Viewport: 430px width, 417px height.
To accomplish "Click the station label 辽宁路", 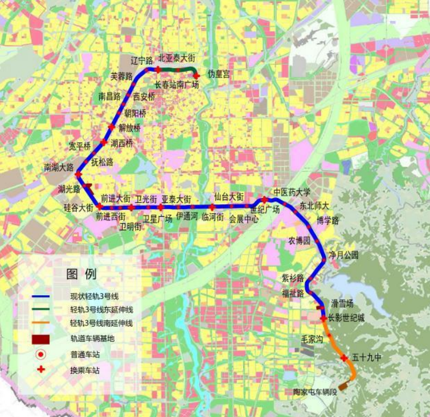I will click(x=141, y=60).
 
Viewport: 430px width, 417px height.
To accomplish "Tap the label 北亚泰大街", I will click(x=177, y=58).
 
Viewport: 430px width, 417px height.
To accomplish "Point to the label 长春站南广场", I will click(x=177, y=85).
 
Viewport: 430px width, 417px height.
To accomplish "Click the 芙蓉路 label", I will click(x=121, y=76).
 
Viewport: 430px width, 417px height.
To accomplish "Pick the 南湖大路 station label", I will click(x=59, y=168).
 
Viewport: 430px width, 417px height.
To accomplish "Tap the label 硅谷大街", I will click(x=78, y=208).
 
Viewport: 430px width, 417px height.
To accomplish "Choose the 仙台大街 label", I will click(x=229, y=196).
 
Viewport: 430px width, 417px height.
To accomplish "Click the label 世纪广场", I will click(x=265, y=209).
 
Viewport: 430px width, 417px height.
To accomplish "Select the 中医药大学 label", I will click(x=292, y=192).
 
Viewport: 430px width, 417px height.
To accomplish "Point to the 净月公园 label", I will click(x=344, y=255).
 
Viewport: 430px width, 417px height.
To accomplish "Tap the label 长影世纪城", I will click(x=346, y=318).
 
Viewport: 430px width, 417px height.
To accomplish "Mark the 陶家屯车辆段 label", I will click(x=316, y=392).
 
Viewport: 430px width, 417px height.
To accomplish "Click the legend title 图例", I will click(x=81, y=274).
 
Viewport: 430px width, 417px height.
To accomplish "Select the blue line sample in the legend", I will click(x=41, y=296).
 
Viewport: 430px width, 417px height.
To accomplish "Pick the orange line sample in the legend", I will click(x=41, y=324).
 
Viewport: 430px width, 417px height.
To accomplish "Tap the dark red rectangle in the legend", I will click(x=41, y=338).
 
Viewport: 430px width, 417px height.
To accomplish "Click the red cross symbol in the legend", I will click(x=41, y=369).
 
